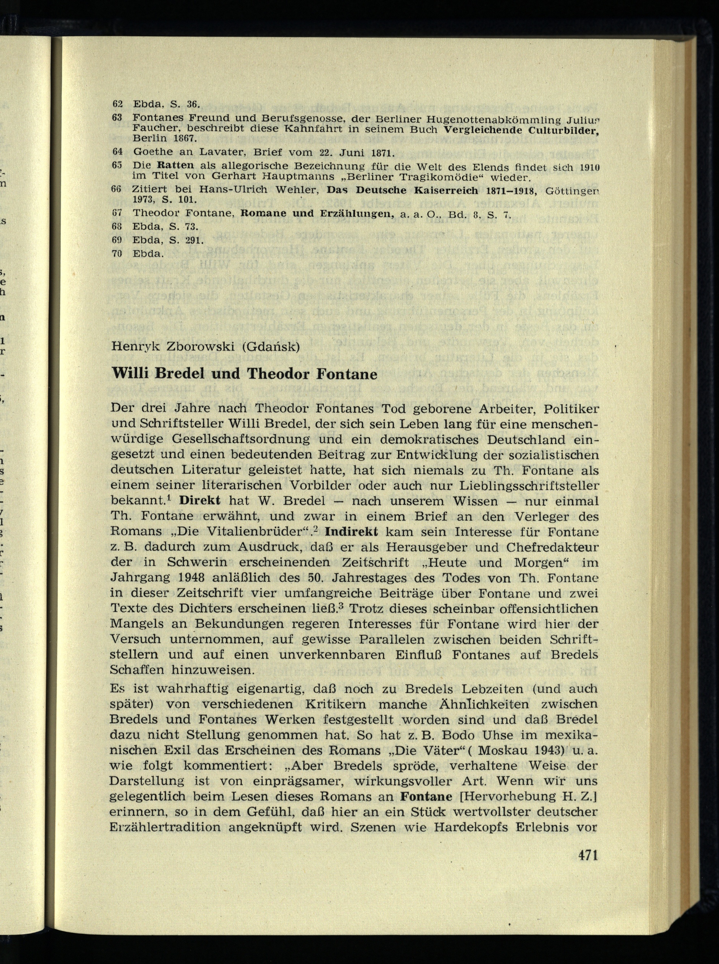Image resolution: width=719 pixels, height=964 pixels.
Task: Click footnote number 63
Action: click(x=117, y=118)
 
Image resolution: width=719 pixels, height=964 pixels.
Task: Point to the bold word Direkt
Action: click(x=200, y=500)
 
